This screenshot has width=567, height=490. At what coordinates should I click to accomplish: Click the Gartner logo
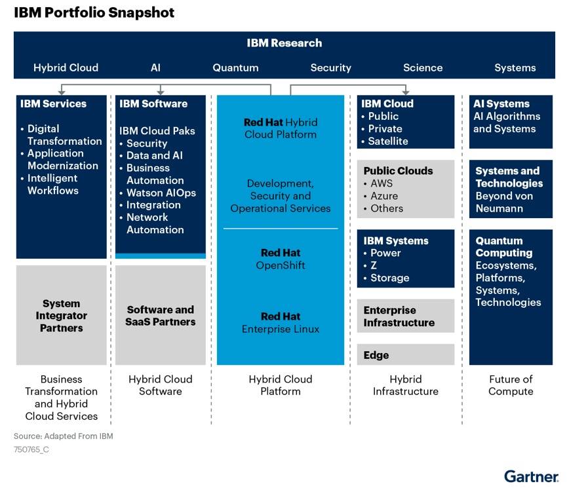531,476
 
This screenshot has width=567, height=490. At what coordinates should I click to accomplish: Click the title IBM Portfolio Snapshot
94,12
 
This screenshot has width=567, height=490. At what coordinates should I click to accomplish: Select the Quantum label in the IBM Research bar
235,67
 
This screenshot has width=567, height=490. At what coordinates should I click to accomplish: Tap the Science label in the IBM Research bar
423,67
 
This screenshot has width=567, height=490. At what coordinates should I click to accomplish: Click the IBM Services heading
53,104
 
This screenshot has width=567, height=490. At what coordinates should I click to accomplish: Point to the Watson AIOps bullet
161,193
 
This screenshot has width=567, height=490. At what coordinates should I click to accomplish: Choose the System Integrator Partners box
61,316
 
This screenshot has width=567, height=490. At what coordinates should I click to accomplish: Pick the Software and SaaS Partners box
161,316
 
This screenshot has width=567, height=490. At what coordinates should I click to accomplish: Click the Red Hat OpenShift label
281,259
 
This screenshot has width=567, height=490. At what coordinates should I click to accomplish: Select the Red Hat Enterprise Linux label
281,322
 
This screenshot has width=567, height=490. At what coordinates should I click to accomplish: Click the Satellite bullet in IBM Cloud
387,141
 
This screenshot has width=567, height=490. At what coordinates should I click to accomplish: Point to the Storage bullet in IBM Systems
389,278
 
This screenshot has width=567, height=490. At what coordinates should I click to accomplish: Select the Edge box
376,355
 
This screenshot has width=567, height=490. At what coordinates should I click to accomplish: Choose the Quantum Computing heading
504,246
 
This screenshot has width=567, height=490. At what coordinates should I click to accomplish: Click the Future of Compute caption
511,385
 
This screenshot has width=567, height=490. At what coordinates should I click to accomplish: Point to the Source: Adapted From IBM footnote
64,436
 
